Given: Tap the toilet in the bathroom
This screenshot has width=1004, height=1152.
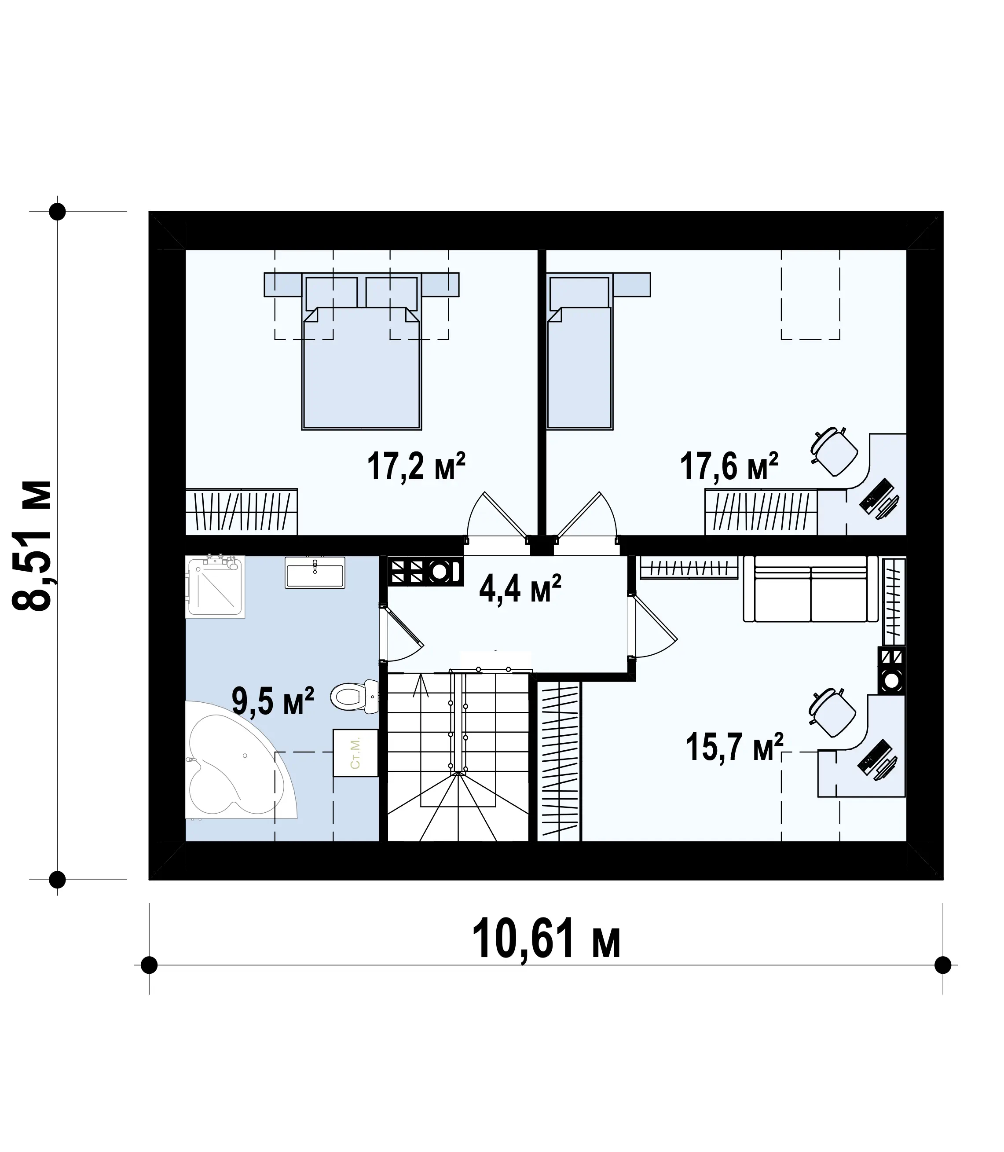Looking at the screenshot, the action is pos(354,697).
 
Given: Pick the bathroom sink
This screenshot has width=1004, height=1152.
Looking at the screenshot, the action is pos(314,572).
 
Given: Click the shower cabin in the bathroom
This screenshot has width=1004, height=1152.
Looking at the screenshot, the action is pos(215,587).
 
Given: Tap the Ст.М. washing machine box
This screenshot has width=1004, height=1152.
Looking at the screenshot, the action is pos(355,752).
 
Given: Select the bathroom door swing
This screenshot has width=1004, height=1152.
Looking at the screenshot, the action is pos(402,634).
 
